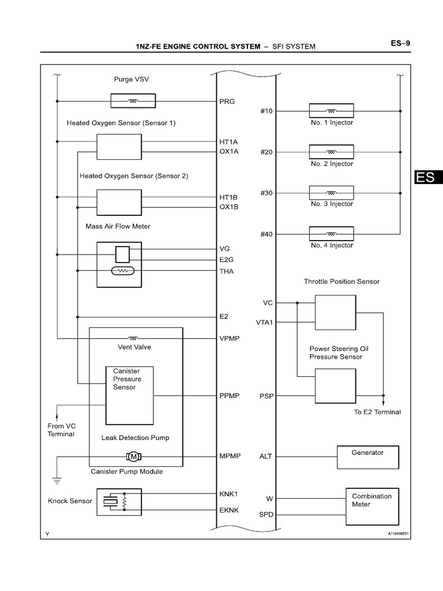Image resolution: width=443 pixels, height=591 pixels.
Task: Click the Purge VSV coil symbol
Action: [133, 102]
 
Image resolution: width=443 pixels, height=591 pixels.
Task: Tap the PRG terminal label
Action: [227, 102]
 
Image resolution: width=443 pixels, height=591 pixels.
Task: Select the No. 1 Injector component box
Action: [331, 111]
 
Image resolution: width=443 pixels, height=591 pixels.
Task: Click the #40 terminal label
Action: [266, 234]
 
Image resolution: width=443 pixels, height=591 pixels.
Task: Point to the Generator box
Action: [367, 457]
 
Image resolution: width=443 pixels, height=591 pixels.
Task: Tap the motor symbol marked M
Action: [134, 457]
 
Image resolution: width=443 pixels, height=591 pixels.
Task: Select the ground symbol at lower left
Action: [56, 479]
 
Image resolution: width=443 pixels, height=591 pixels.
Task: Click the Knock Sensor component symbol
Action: [118, 502]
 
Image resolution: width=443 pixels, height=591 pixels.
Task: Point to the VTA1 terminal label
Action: [264, 322]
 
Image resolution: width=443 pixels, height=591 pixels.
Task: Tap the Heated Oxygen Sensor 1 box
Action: [119, 147]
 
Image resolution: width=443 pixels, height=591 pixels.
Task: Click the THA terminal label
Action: [227, 271]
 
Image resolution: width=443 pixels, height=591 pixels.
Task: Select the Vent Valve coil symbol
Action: [134, 338]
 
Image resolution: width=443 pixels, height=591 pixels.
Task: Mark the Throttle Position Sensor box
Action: [335, 313]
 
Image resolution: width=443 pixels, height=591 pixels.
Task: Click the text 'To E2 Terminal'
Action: [377, 412]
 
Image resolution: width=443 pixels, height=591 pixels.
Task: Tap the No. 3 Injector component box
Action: [331, 193]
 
